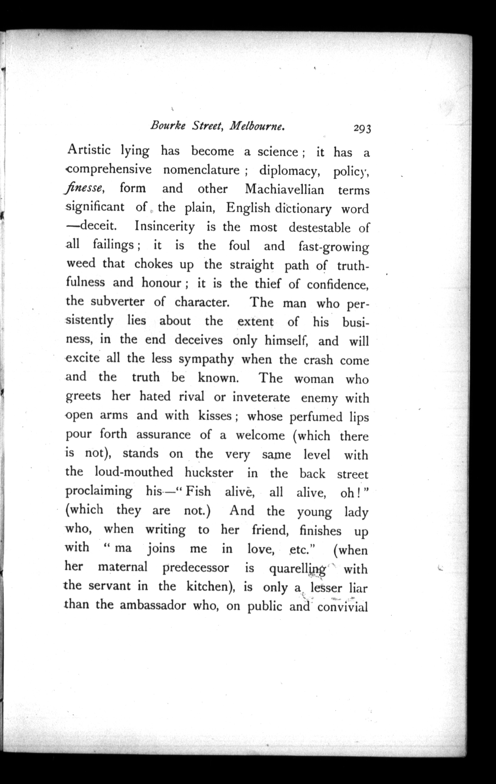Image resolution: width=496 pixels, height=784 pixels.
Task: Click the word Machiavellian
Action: coord(284,189)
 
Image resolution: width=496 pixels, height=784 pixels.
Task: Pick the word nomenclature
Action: coord(201,170)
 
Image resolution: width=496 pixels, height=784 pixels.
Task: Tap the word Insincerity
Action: coord(165,227)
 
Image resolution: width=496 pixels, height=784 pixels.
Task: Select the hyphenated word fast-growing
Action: coord(334,247)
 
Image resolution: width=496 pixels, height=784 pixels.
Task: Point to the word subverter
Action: coord(117,301)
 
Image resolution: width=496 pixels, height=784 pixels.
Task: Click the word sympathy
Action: coord(206,359)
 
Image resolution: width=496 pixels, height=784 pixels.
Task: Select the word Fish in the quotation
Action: coord(197,491)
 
